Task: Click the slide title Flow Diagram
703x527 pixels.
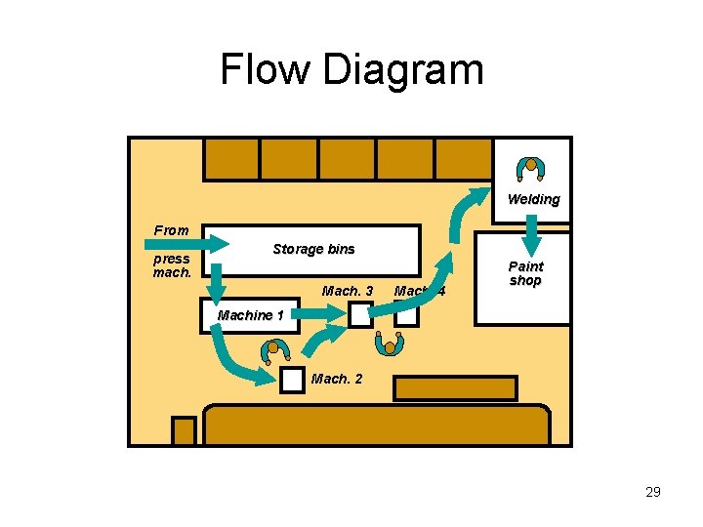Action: (351, 70)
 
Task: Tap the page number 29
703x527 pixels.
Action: (652, 492)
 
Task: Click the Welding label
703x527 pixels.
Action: (533, 200)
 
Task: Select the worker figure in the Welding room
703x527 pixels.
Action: (530, 168)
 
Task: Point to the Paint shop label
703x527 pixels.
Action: (525, 273)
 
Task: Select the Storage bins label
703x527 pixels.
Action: (313, 249)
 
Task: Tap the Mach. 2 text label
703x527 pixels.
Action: (336, 379)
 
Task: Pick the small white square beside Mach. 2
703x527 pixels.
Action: (292, 381)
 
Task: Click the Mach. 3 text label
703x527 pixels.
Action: (347, 291)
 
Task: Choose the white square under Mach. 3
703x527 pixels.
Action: (360, 314)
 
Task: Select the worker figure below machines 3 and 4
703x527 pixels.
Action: (391, 344)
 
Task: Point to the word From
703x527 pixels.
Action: (172, 230)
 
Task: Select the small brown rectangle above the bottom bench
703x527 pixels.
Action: (454, 388)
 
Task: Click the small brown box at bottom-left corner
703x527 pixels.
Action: (185, 430)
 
